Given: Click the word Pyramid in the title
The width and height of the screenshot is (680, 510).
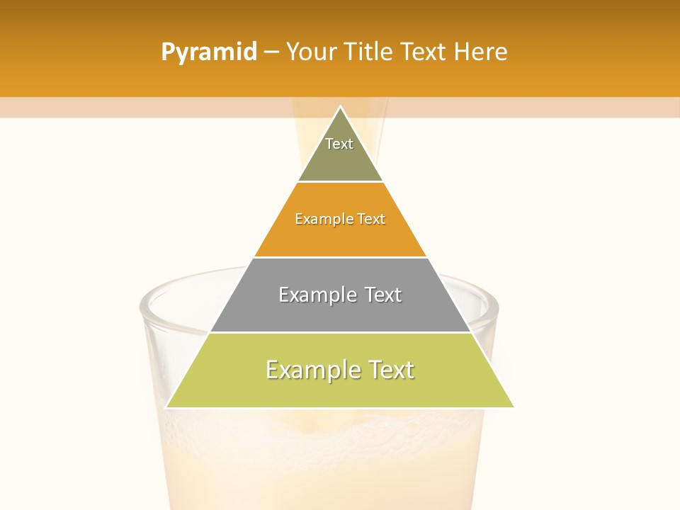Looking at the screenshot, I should pyautogui.click(x=208, y=52).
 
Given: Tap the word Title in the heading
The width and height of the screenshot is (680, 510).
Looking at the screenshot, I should pyautogui.click(x=370, y=52).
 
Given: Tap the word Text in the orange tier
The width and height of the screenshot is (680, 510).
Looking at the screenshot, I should pyautogui.click(x=371, y=220).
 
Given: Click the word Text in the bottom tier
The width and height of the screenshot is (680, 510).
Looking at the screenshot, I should pyautogui.click(x=390, y=370).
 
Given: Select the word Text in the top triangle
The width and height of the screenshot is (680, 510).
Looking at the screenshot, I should pyautogui.click(x=339, y=144).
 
